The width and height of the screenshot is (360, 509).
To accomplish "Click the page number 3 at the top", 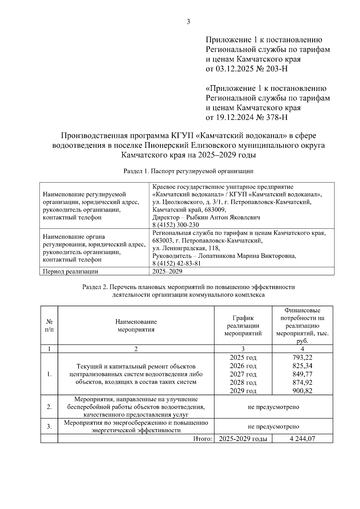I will [188, 22].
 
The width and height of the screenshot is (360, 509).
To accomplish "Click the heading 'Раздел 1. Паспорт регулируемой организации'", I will [188, 171].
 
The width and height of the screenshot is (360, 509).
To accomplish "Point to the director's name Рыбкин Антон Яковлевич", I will [223, 217].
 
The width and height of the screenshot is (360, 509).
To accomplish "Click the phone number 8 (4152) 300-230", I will [175, 225].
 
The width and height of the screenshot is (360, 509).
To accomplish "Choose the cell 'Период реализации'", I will [71, 272].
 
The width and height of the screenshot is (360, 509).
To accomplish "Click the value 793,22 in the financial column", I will [302, 357].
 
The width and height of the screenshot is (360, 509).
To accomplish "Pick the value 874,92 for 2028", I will [302, 382].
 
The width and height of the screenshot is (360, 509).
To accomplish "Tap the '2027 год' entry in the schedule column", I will [243, 374].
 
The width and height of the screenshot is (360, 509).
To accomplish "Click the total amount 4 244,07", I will [302, 439].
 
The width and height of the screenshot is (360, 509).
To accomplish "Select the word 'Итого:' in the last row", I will [202, 439].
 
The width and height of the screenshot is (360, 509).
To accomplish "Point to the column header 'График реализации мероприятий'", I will [243, 326].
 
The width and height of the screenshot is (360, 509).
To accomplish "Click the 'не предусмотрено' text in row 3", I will [273, 426].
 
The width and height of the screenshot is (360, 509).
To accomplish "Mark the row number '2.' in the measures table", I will [49, 407].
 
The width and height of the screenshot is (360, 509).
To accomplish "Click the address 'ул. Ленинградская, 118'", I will [186, 248].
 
